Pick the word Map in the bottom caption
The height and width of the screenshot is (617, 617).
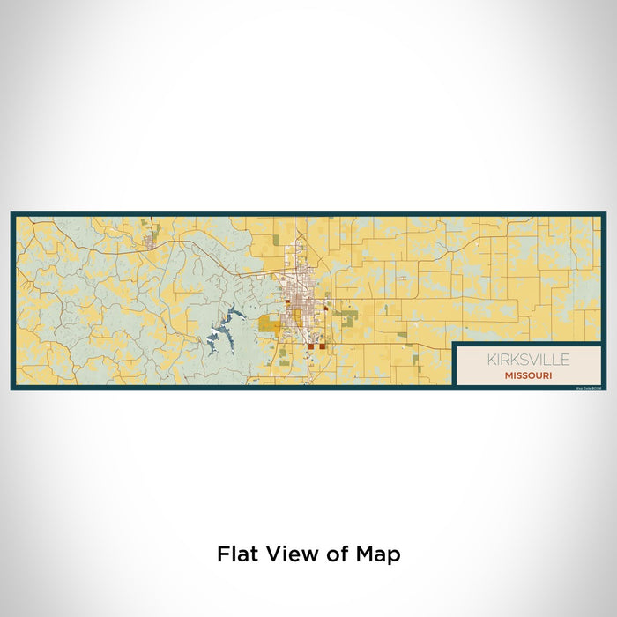pyautogui.click(x=377, y=554)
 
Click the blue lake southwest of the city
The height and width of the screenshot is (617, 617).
pyautogui.click(x=221, y=332)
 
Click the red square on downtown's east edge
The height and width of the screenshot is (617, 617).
pyautogui.click(x=325, y=309)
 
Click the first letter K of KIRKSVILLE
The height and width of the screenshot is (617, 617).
pyautogui.click(x=491, y=360)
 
